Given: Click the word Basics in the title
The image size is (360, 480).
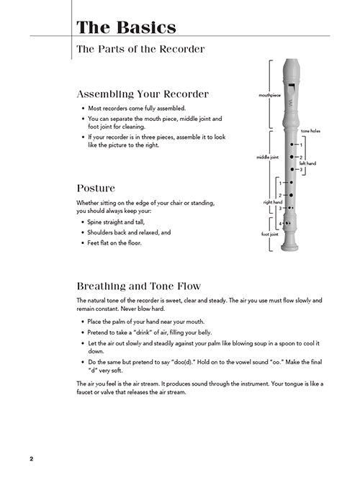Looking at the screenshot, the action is point(146,27).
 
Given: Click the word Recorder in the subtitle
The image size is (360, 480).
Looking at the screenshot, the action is point(182,49).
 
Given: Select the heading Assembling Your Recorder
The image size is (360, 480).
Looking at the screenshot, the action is point(143,94).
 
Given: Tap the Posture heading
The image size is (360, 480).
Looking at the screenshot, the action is point(96,188).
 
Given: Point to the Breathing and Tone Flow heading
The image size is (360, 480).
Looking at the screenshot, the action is point(139,286).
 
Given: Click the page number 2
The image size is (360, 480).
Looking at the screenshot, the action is point(31,459).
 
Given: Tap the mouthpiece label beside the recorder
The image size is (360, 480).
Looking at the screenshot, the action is point(269,95).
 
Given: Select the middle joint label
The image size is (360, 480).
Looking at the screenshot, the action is point(267,157).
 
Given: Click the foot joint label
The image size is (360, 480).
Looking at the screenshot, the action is point(269,234).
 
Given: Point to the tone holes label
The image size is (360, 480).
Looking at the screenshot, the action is point(310,131).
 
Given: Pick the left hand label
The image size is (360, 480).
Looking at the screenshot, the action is point(307,163).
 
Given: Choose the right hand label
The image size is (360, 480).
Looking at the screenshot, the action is point(272,202).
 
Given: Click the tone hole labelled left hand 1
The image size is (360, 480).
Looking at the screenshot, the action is point(292,144).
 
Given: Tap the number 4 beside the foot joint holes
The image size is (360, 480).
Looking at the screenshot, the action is point(280,224).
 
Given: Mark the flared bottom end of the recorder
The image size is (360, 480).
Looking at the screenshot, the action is point(289,247).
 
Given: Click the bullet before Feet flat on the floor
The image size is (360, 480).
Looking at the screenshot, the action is point(83,243).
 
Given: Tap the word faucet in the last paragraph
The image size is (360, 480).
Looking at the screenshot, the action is point(84,392).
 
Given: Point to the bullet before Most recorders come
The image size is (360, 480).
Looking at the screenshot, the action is point(83,109).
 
